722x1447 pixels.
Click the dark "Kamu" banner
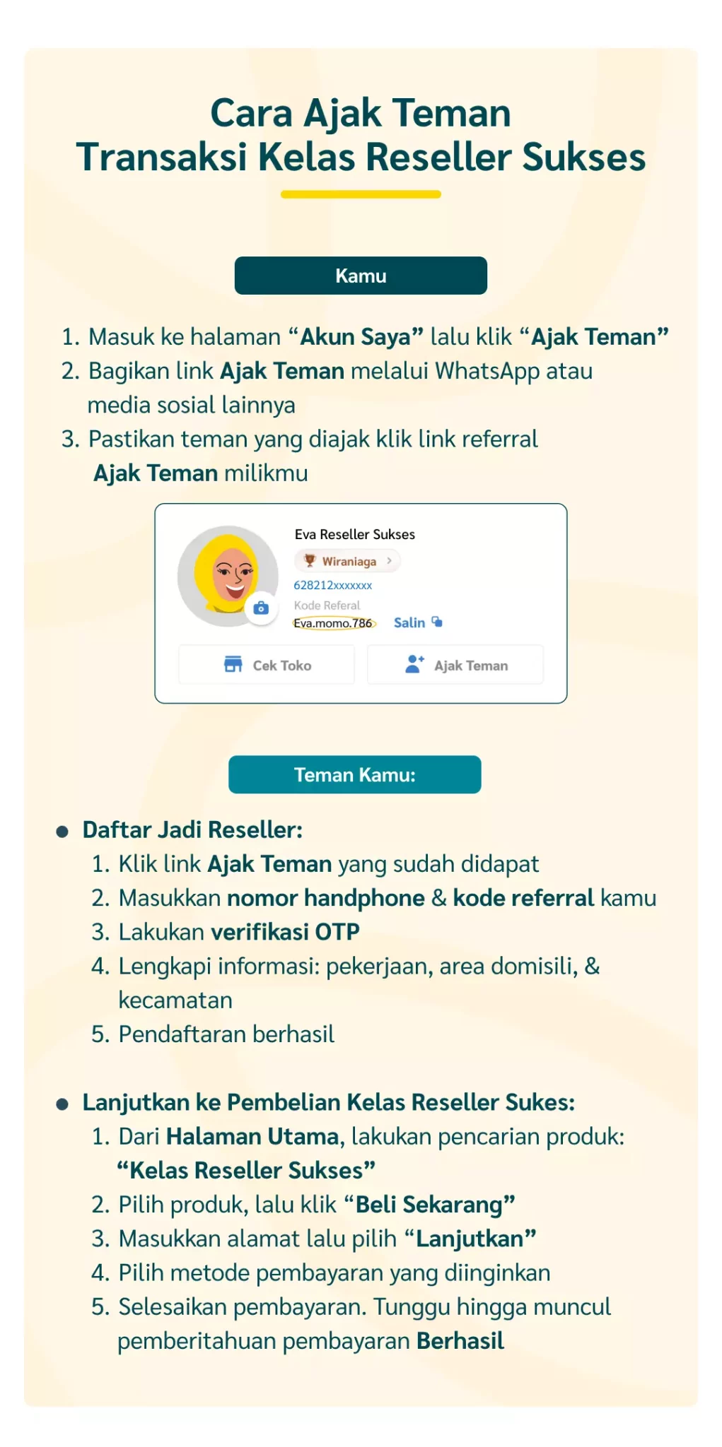coord(361,276)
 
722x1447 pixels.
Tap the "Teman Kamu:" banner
coord(354,774)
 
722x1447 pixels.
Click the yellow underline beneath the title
coord(361,194)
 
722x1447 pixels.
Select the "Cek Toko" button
coord(267,665)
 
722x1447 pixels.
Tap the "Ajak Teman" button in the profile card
coord(455,665)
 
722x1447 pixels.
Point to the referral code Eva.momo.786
coord(333,623)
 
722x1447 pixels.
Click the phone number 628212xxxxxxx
coord(332,585)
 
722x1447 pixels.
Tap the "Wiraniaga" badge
coord(347,561)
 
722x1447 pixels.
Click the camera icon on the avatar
coord(261,608)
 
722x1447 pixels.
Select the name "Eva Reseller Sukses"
coord(354,534)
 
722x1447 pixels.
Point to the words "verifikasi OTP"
coord(285,932)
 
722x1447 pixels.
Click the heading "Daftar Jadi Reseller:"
coord(192,829)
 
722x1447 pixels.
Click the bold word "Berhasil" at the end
coord(460,1340)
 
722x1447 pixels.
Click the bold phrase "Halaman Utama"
coord(252,1136)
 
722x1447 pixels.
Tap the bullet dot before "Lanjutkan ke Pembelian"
coord(62,1104)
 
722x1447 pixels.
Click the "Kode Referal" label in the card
coord(327,606)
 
